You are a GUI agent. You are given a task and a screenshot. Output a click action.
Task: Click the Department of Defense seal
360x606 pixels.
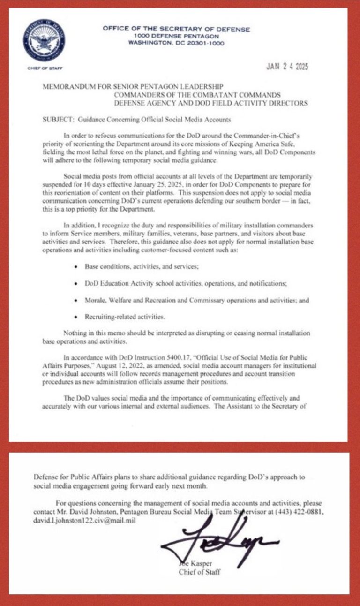pos(44,40)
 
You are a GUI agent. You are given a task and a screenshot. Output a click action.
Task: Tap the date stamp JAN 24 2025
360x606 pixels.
pos(287,67)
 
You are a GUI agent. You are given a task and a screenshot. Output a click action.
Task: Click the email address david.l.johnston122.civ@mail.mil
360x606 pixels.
pos(84,520)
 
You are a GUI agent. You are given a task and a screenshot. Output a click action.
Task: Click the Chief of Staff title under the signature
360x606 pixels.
pos(199,572)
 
